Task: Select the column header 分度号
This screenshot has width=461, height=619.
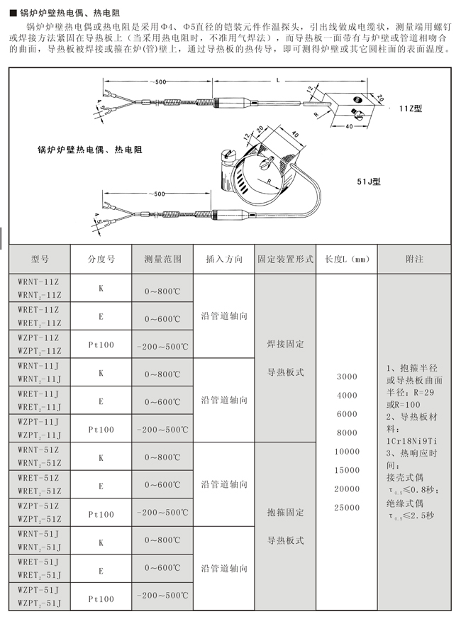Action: click(101, 260)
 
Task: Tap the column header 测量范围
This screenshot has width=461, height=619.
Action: click(162, 260)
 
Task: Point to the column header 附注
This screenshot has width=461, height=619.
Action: click(414, 260)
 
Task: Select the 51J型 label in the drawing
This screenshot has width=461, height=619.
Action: click(369, 182)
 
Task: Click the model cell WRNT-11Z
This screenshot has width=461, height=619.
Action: click(39, 281)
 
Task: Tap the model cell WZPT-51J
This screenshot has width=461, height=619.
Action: click(39, 590)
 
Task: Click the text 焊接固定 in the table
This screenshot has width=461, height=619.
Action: click(285, 344)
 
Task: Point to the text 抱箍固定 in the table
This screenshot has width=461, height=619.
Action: click(285, 512)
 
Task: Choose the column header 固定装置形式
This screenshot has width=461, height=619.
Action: click(285, 260)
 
